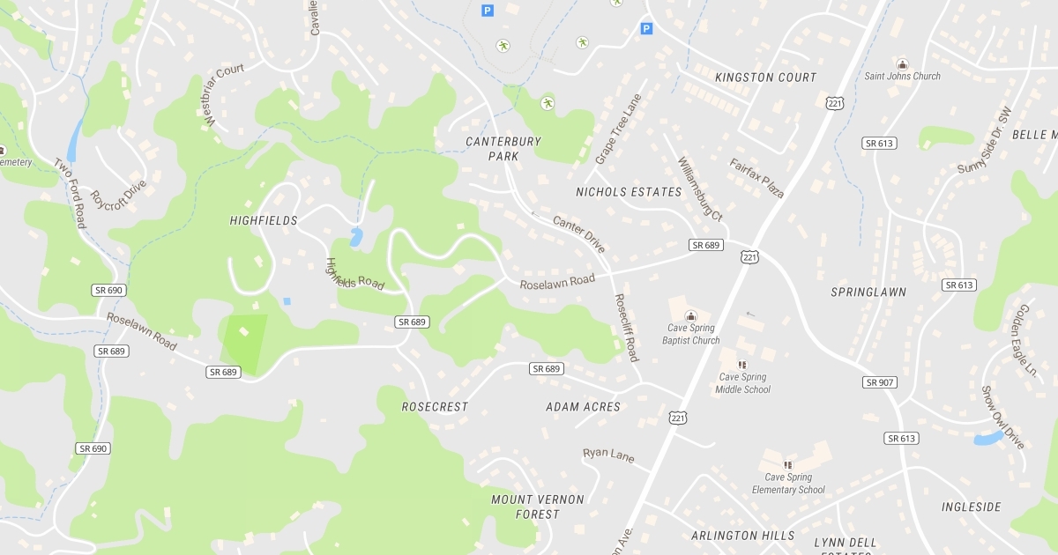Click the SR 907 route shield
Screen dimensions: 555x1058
[879, 382]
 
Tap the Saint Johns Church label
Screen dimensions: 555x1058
[902, 77]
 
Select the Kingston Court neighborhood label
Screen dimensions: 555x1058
[765, 78]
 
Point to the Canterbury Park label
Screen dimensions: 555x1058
[503, 148]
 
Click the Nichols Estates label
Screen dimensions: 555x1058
[629, 192]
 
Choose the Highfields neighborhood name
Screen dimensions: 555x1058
[264, 220]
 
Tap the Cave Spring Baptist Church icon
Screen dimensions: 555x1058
[691, 315]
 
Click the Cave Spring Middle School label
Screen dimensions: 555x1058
[741, 383]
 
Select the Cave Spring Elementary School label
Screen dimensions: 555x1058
[788, 484]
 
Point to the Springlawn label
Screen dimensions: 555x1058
[868, 292]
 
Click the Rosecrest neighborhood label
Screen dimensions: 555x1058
[435, 407]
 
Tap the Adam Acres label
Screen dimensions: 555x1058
[583, 407]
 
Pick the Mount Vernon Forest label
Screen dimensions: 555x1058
[537, 507]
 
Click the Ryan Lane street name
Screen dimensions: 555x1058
[608, 455]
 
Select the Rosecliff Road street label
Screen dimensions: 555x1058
[626, 328]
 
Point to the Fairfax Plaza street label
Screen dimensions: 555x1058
[756, 178]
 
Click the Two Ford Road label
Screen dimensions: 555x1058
[71, 193]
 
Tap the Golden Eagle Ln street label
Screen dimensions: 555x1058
[1027, 340]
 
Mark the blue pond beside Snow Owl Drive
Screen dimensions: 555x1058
[988, 438]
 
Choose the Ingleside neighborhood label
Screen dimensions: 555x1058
[971, 507]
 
